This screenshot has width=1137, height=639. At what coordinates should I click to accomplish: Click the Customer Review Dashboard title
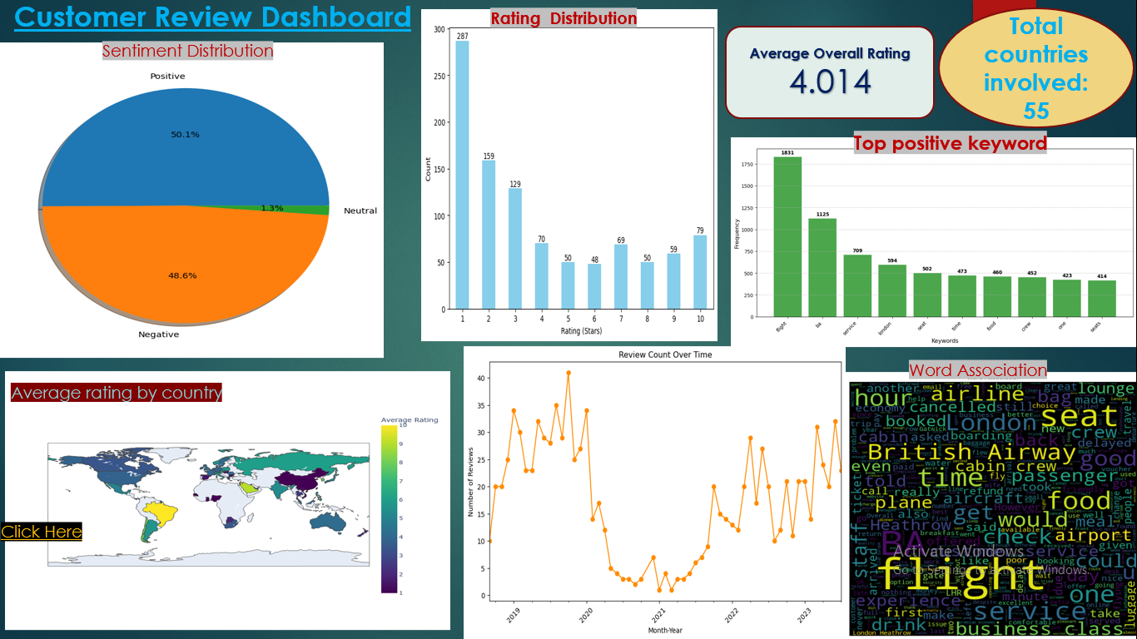click(x=213, y=17)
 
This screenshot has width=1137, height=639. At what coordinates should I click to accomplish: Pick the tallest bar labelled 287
click(x=462, y=175)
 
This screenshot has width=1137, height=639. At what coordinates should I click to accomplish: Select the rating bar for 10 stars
click(x=700, y=272)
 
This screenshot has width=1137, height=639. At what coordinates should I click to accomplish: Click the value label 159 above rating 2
click(x=489, y=156)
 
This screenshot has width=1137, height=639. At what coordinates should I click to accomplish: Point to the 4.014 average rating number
click(x=830, y=82)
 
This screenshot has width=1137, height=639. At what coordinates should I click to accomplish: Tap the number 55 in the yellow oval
click(x=1036, y=111)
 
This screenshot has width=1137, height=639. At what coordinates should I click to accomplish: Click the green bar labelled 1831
click(x=787, y=236)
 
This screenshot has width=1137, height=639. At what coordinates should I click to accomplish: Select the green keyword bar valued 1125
click(x=822, y=267)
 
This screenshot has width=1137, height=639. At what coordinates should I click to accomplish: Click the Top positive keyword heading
click(x=950, y=143)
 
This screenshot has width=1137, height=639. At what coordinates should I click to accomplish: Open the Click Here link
click(x=42, y=532)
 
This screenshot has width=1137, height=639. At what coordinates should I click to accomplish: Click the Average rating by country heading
click(x=117, y=393)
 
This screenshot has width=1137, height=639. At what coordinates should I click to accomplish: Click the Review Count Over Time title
click(x=665, y=354)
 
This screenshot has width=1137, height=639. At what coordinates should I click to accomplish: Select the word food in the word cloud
click(x=1078, y=501)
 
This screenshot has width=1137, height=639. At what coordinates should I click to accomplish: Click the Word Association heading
click(x=978, y=369)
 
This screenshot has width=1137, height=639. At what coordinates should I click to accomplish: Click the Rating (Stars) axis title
click(x=581, y=331)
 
